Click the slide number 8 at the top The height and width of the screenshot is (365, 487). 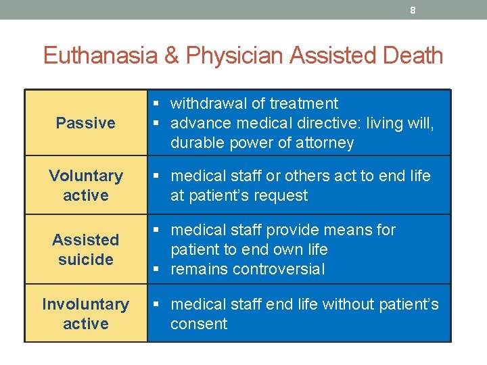click(413, 10)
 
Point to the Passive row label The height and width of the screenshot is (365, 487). click(86, 123)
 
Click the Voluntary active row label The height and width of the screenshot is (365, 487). click(86, 185)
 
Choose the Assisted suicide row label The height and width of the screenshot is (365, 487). click(86, 249)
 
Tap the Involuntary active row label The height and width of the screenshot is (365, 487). click(86, 314)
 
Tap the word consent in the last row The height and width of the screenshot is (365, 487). click(199, 324)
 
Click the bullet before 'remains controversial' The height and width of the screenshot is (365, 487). click(156, 269)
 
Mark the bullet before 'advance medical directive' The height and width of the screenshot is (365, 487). click(156, 123)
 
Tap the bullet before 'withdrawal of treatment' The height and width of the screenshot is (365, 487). click(156, 103)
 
